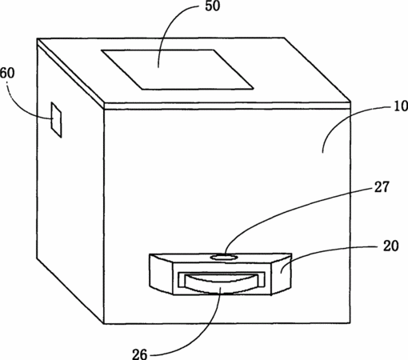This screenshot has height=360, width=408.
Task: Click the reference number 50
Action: point(213,6)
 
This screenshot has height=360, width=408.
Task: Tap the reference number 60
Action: point(7,73)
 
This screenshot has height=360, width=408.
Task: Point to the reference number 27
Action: point(382,186)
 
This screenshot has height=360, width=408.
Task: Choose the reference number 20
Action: point(390,246)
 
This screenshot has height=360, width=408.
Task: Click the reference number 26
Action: point(140,354)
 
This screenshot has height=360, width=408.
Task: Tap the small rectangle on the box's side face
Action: point(57,119)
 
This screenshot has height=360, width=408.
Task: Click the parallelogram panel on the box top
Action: point(177,70)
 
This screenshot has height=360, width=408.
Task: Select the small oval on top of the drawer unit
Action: point(223,258)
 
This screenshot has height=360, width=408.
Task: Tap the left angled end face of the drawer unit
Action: point(162,274)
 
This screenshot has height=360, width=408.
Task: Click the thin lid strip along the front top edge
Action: point(226,106)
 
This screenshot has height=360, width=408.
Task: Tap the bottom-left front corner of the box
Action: point(103,324)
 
